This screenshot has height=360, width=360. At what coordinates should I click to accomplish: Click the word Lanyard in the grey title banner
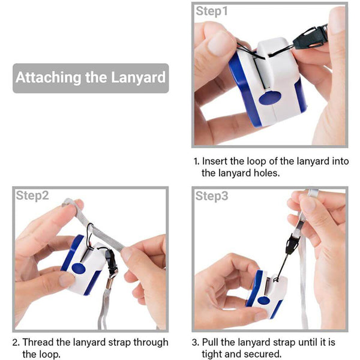point(138,78)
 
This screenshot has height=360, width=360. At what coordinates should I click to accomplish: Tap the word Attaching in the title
point(48,78)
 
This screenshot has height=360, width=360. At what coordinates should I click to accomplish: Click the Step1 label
point(212,11)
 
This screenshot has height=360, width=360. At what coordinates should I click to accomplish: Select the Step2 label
point(32,196)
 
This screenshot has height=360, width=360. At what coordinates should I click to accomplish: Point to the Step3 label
point(212,196)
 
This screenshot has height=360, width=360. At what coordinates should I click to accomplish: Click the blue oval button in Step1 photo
point(270,98)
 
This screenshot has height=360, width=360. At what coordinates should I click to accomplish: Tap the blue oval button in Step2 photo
point(79,268)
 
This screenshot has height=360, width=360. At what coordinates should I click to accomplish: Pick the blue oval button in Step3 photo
point(263,301)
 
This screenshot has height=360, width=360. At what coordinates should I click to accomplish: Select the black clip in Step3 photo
point(291,244)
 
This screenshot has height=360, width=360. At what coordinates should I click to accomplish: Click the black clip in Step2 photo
point(112,262)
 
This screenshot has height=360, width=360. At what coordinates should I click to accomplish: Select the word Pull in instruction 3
point(211,342)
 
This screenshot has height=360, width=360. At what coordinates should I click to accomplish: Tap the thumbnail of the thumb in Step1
point(218,44)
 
